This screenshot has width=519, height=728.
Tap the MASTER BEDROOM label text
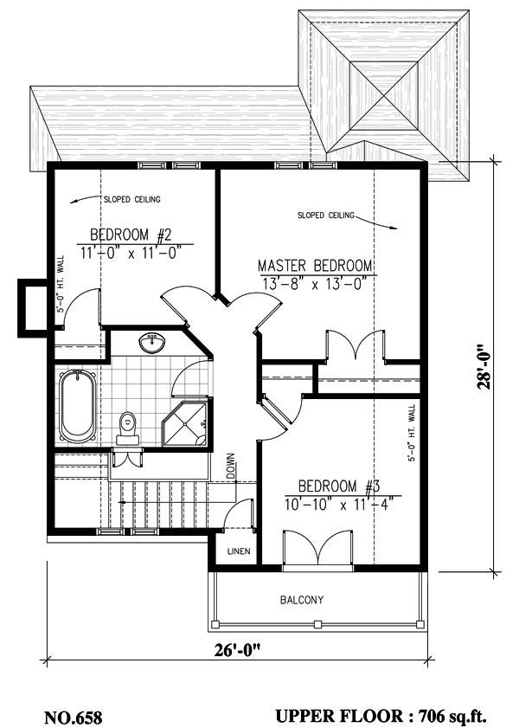click(x=315, y=266)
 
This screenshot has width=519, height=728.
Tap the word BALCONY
click(x=302, y=600)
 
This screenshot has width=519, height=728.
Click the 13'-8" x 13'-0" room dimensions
click(x=313, y=282)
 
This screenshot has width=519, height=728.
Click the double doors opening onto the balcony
click(x=317, y=549)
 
